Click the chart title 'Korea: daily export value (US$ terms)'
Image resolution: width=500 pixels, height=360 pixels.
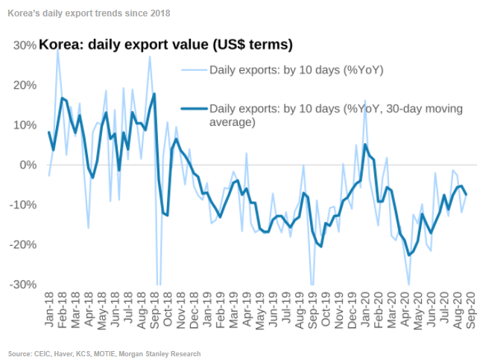click(165, 45)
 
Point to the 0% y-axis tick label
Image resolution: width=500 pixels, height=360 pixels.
click(28, 165)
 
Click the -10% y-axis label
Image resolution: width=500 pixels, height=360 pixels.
click(22, 205)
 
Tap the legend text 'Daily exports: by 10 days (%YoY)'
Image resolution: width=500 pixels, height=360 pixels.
click(295, 72)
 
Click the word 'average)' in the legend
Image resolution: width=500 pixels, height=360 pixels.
click(233, 122)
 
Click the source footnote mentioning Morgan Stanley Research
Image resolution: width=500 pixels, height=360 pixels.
click(104, 353)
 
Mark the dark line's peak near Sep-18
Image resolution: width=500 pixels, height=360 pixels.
click(154, 94)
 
